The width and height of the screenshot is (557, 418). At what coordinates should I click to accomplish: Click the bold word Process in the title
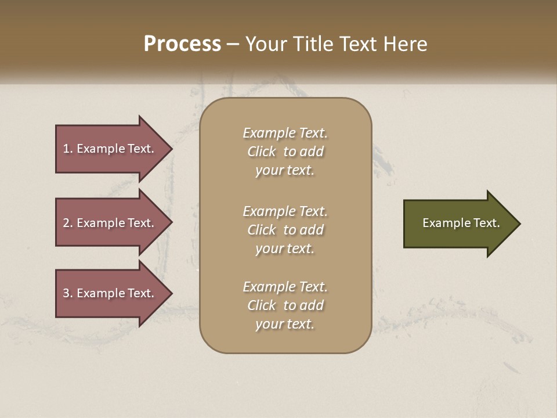[182, 44]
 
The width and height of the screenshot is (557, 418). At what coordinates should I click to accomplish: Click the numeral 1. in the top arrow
[68, 149]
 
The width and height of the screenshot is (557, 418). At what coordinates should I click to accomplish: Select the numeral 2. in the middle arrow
[68, 223]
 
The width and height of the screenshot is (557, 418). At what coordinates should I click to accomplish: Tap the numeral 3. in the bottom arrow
[68, 293]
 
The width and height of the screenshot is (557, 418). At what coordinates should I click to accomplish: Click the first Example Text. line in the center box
[285, 133]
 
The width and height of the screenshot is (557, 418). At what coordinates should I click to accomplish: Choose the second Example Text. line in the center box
[285, 211]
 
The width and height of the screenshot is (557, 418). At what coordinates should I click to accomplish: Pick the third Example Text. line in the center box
[285, 287]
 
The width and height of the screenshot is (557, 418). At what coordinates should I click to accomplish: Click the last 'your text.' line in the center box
[285, 324]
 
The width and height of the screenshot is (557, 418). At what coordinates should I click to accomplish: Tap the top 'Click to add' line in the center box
[285, 152]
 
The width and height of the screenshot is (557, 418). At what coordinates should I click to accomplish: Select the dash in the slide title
[233, 44]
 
